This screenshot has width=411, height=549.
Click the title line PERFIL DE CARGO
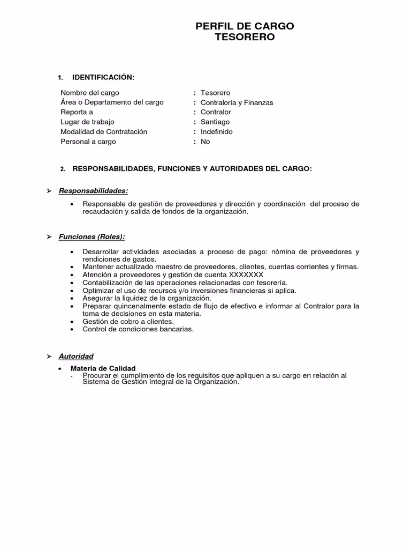(x=245, y=26)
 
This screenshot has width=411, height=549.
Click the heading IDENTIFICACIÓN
(x=103, y=78)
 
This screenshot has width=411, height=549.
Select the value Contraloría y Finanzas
(x=237, y=102)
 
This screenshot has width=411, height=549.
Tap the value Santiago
(x=215, y=122)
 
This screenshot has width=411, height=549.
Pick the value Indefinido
(x=216, y=132)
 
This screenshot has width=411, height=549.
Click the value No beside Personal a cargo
(x=205, y=142)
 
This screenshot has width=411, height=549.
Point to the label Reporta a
(x=77, y=112)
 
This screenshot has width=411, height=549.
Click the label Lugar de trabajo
(x=87, y=122)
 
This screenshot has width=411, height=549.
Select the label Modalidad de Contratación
(x=104, y=132)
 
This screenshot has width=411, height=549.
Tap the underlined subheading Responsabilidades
(x=93, y=191)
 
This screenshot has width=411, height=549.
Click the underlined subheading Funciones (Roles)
(x=92, y=236)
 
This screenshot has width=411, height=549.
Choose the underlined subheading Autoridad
(x=76, y=356)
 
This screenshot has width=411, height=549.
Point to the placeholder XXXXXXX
(x=246, y=274)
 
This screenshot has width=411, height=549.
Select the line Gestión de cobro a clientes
(x=128, y=321)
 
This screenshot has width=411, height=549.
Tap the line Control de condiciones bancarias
(x=138, y=329)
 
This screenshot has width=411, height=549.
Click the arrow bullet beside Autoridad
(x=49, y=356)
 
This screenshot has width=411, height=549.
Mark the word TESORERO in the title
(x=245, y=38)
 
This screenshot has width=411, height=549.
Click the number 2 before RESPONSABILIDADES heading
(x=63, y=169)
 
